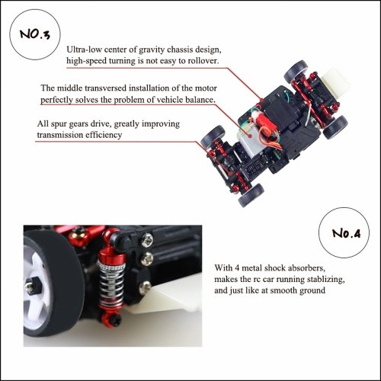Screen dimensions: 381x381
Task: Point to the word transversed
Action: point(105,88)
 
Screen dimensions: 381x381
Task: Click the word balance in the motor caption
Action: point(200,100)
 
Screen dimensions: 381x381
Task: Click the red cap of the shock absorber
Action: point(112,256)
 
